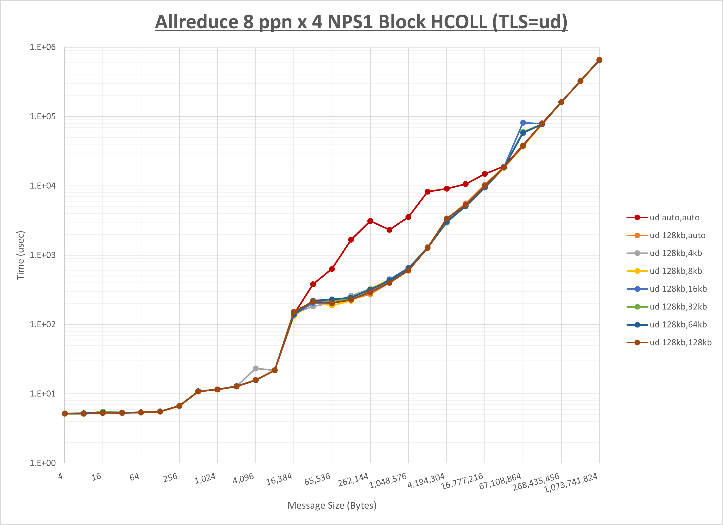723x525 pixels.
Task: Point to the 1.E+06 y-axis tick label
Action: pyautogui.click(x=43, y=47)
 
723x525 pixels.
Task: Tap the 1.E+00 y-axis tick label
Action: pyautogui.click(x=43, y=463)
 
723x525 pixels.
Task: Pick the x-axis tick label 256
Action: pyautogui.click(x=171, y=477)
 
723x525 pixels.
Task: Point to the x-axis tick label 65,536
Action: pyautogui.click(x=317, y=479)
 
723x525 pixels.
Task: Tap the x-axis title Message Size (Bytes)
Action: pyautogui.click(x=332, y=506)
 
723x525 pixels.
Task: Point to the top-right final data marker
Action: pyautogui.click(x=599, y=60)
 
